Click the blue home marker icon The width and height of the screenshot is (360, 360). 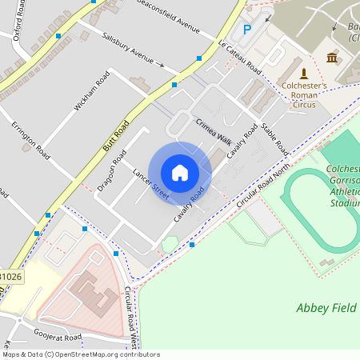[180, 172]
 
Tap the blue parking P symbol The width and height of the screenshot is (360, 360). [247, 29]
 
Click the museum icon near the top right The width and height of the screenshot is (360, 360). [332, 57]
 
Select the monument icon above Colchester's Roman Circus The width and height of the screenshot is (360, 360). [303, 73]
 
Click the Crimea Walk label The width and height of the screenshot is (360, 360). [213, 130]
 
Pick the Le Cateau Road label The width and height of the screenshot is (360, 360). [240, 55]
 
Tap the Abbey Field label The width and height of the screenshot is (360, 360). [327, 307]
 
